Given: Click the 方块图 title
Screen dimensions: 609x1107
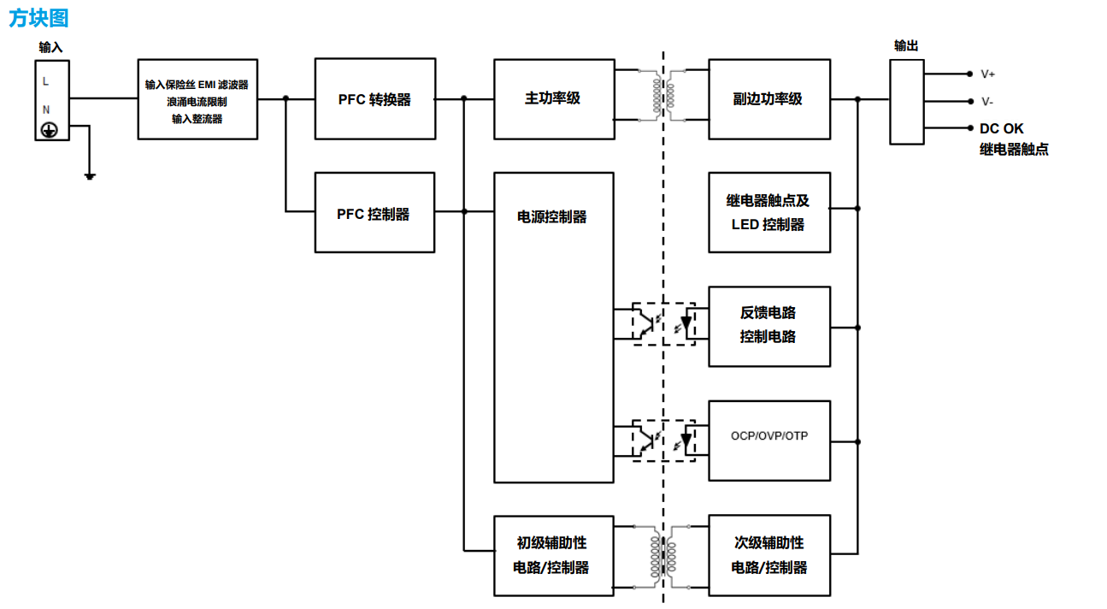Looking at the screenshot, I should click(x=38, y=18).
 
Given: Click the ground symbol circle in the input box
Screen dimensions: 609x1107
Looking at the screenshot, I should click(x=50, y=130).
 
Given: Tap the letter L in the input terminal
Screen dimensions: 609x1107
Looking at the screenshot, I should click(x=45, y=82).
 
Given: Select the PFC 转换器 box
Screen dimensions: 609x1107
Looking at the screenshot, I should click(x=374, y=99).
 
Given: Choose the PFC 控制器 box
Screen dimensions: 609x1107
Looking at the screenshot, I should click(x=374, y=213).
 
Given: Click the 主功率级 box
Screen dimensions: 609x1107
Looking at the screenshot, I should click(x=553, y=99).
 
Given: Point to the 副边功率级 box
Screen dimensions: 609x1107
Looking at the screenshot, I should click(x=768, y=99).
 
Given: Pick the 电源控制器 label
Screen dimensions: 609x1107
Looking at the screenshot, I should click(x=552, y=217).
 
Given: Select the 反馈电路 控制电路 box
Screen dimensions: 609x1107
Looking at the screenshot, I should click(x=768, y=326).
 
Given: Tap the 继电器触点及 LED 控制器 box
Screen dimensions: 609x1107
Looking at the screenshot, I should click(x=768, y=213).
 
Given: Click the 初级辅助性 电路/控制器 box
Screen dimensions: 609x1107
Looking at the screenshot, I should click(x=553, y=555).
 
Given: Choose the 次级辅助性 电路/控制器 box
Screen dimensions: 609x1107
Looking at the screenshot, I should click(x=768, y=555).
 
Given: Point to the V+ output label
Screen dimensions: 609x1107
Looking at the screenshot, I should click(x=987, y=74).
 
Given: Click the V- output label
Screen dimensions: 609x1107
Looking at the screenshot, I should click(x=987, y=102).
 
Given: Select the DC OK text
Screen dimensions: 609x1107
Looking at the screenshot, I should click(x=1001, y=129).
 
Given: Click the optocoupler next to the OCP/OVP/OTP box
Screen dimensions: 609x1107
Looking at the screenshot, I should click(x=663, y=440).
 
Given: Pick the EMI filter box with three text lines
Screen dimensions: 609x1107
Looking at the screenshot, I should click(x=197, y=99).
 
